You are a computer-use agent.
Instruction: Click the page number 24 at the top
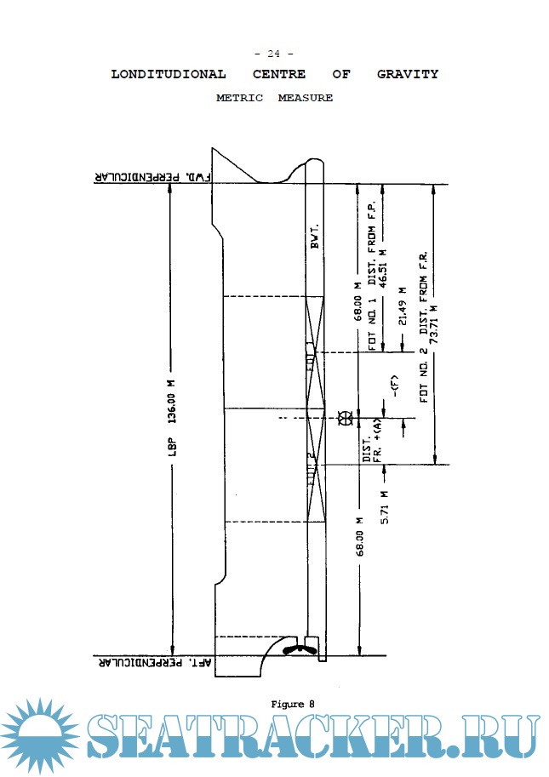(x=274, y=54)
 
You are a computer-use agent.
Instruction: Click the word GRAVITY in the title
(x=408, y=74)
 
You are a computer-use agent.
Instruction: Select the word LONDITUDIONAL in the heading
(x=169, y=74)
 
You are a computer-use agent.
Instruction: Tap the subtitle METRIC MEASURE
(x=274, y=98)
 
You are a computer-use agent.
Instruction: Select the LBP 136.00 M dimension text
(x=170, y=417)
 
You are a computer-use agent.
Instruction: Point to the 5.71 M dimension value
(x=384, y=506)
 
